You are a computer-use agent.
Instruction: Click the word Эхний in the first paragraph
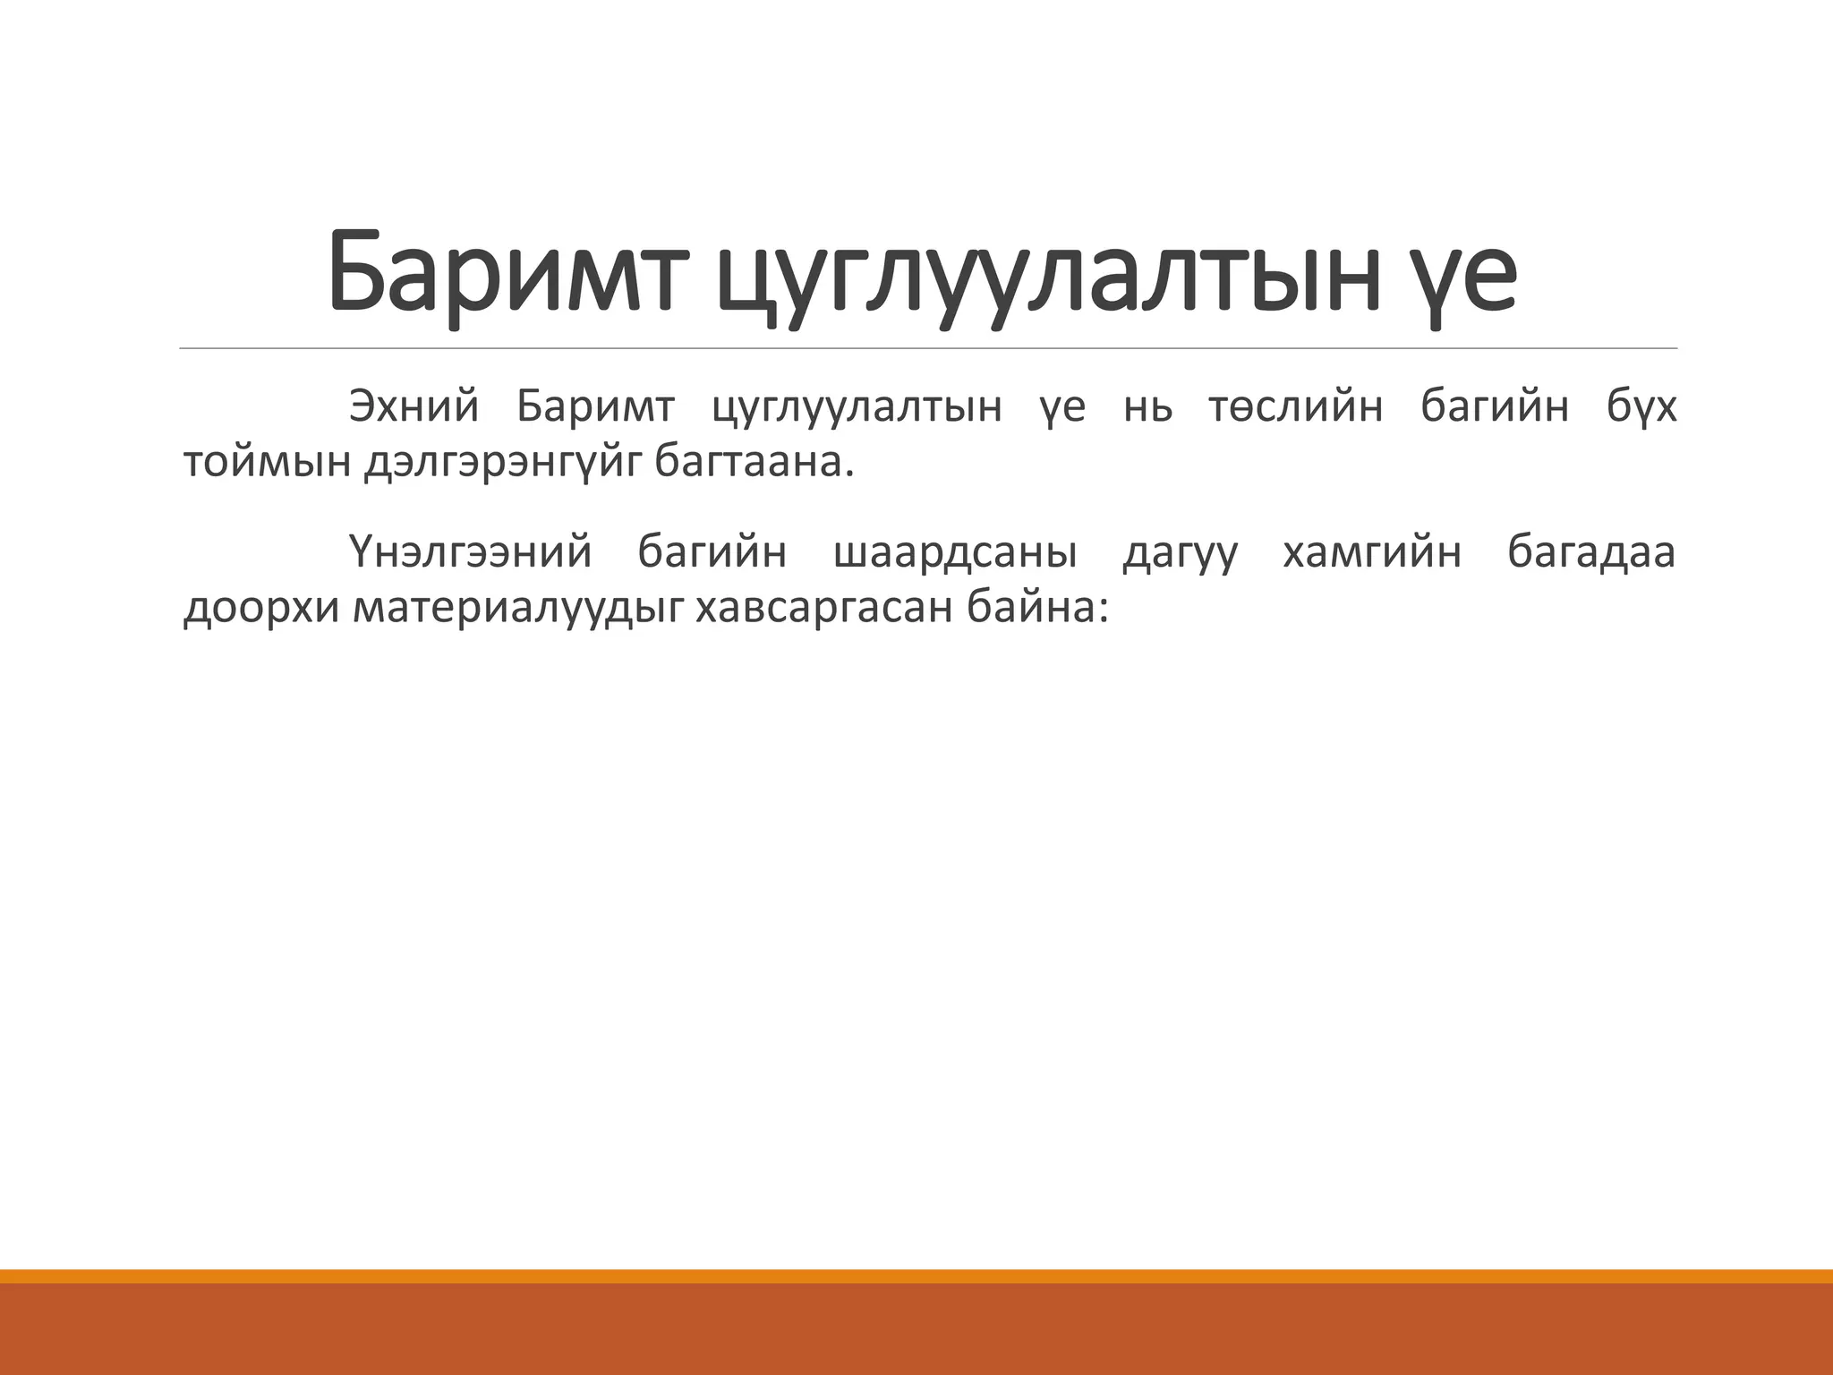[x=414, y=406]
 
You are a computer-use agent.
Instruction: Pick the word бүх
[x=1641, y=406]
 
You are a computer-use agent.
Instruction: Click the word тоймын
[x=267, y=463]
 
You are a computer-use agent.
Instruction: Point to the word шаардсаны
[x=955, y=551]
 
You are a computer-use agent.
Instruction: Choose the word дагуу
[x=1181, y=551]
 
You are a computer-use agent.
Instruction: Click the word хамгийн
[x=1372, y=551]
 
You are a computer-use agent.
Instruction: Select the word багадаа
[x=1590, y=551]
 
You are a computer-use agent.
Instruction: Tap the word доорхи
[x=261, y=609]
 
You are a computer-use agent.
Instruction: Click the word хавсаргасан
[x=823, y=609]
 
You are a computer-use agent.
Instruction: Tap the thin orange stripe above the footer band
[x=916, y=1277]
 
